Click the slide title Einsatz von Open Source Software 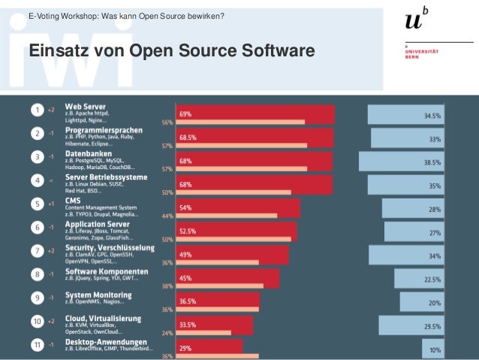tap(170, 52)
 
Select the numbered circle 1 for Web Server tap(36, 110)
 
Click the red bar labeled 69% tap(255, 114)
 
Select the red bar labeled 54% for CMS tap(238, 207)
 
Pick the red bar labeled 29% tap(209, 347)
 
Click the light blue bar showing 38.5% tap(401, 162)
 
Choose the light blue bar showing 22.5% tap(413, 279)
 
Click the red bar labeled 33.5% tap(214, 324)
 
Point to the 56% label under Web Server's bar tap(167, 123)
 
